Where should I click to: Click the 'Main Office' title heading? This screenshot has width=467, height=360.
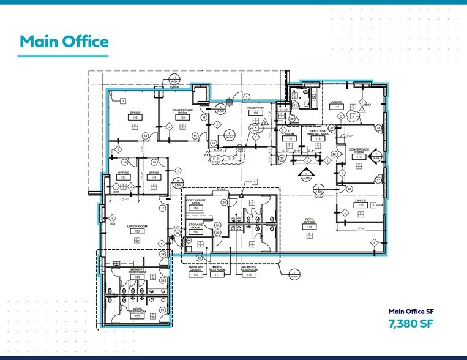pyautogui.click(x=64, y=41)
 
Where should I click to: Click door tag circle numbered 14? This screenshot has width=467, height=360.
pyautogui.click(x=146, y=135)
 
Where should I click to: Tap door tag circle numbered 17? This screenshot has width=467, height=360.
pyautogui.click(x=163, y=208)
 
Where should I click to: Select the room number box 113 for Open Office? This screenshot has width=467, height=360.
pyautogui.click(x=310, y=227)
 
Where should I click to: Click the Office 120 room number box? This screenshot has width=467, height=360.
pyautogui.click(x=361, y=206)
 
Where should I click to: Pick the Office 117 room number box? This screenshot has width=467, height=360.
pyautogui.click(x=336, y=108)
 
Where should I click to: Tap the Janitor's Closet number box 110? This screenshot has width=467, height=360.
pyautogui.click(x=196, y=275)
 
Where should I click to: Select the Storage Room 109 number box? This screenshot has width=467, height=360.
pyautogui.click(x=196, y=233)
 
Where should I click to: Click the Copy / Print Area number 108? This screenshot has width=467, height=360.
pyautogui.click(x=196, y=208)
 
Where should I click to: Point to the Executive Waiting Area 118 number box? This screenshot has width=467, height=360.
pyautogui.click(x=317, y=139)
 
